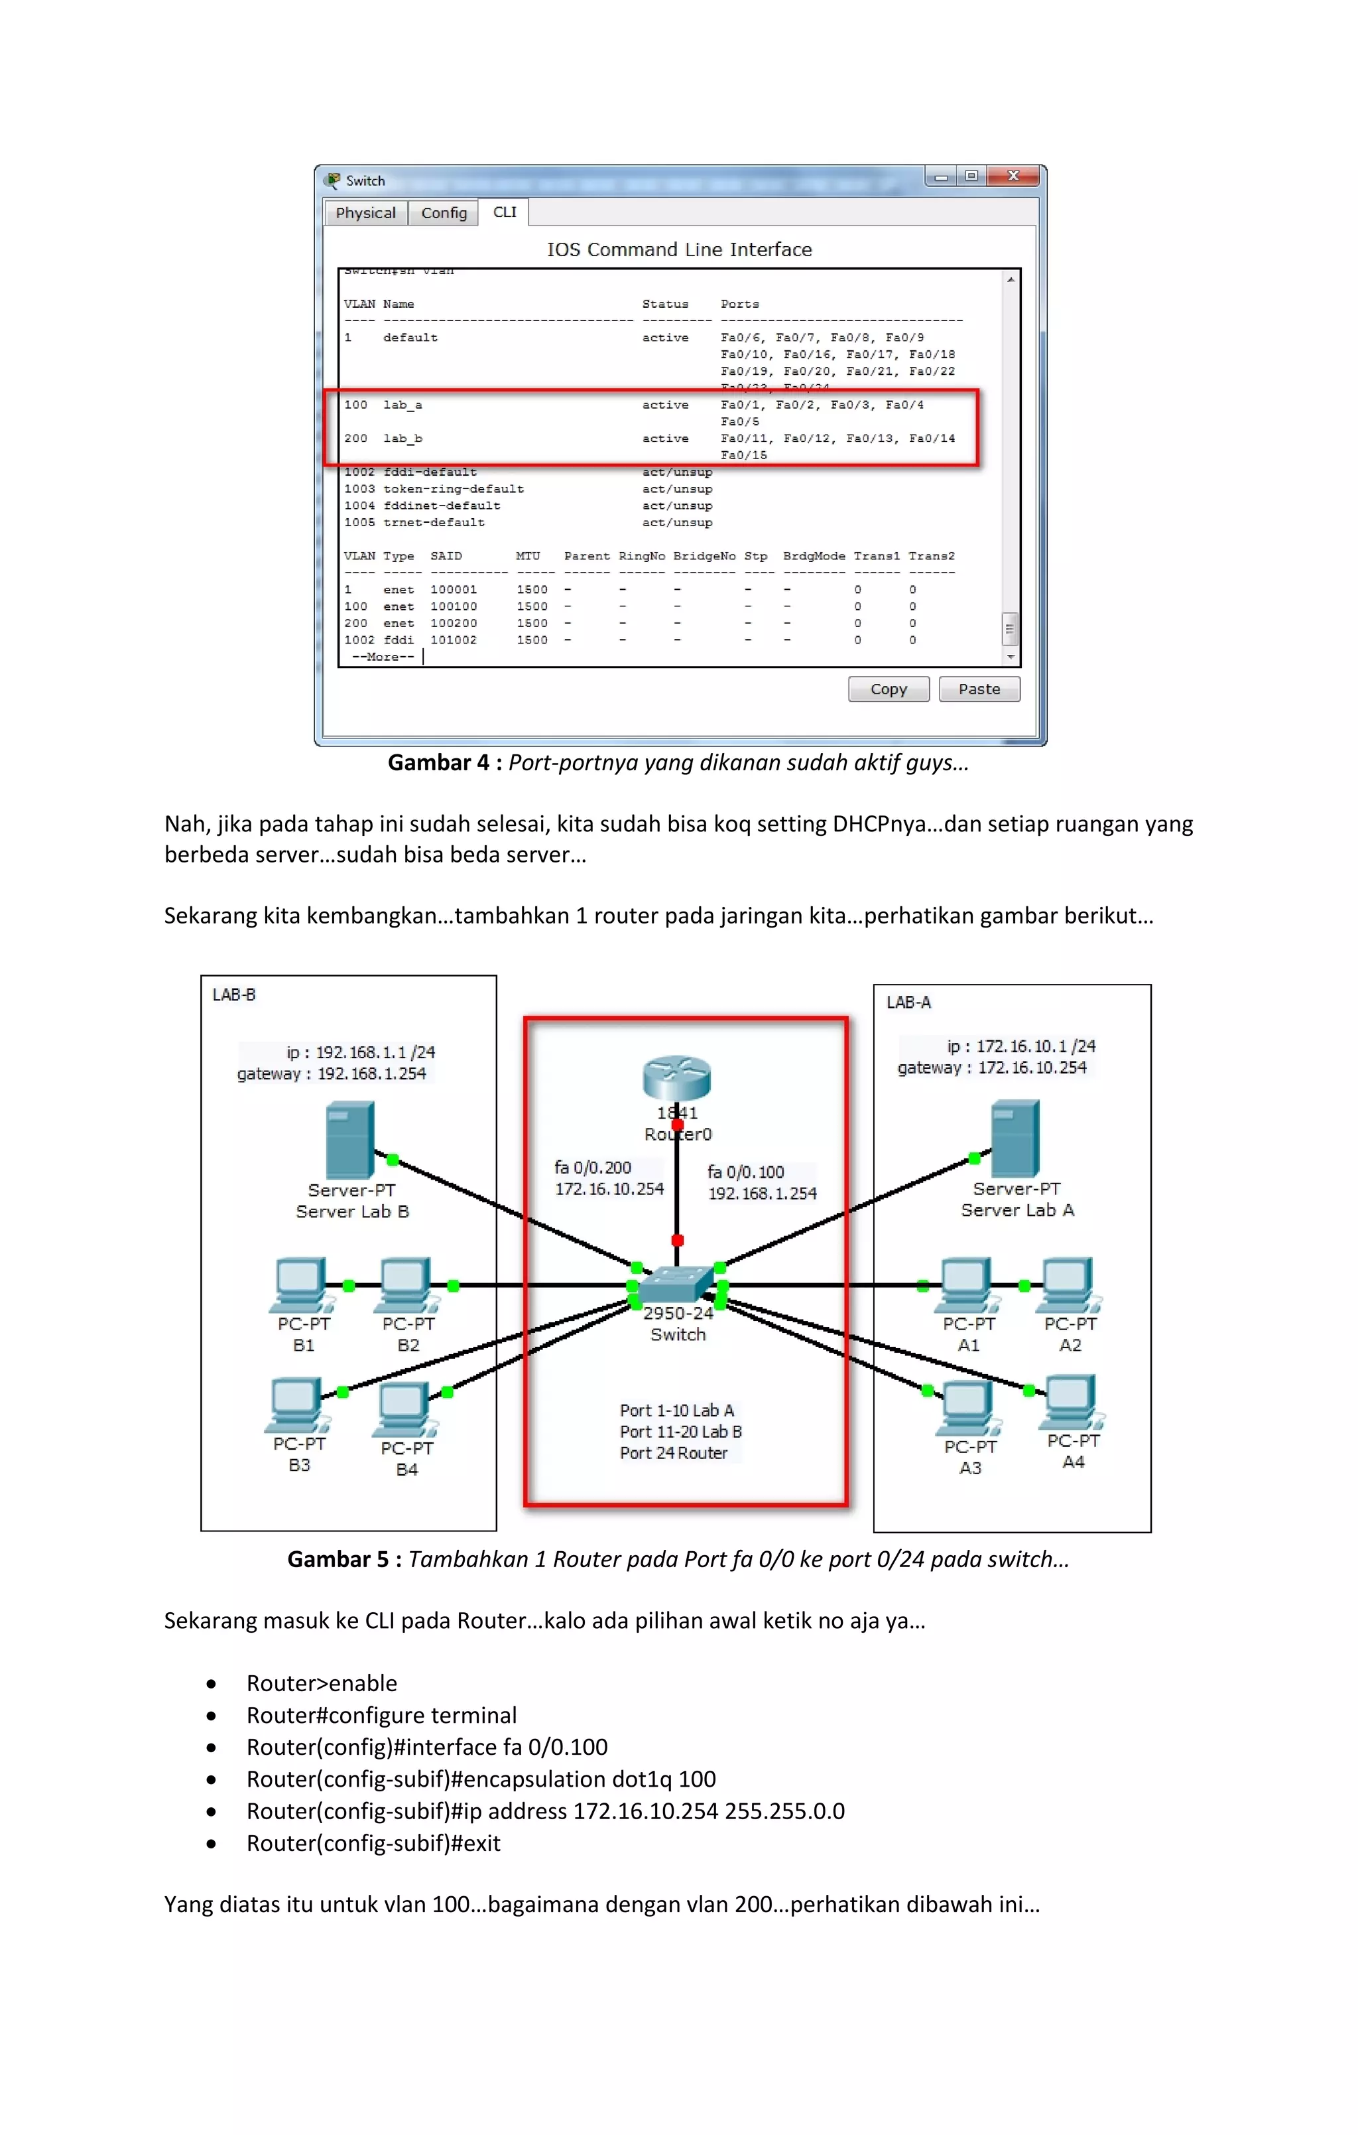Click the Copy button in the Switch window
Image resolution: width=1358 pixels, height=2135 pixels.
pyautogui.click(x=888, y=689)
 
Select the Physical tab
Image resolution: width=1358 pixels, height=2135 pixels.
pyautogui.click(x=365, y=213)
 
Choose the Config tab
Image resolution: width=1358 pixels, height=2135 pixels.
pyautogui.click(x=443, y=213)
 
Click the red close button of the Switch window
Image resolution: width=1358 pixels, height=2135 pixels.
pyautogui.click(x=1013, y=176)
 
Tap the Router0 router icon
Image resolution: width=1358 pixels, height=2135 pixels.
pyautogui.click(x=676, y=1078)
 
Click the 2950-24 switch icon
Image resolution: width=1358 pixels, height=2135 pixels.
pyautogui.click(x=676, y=1284)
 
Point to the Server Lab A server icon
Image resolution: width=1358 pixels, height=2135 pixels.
pyautogui.click(x=1015, y=1138)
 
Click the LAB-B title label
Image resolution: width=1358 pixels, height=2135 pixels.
pyautogui.click(x=234, y=995)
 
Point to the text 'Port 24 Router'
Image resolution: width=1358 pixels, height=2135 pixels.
pyautogui.click(x=673, y=1453)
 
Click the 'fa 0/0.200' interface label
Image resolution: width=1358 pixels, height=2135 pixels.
pyautogui.click(x=593, y=1168)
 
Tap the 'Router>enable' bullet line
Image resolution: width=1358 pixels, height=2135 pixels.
pyautogui.click(x=322, y=1683)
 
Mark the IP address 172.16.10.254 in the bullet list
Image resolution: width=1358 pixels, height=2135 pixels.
pyautogui.click(x=645, y=1811)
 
